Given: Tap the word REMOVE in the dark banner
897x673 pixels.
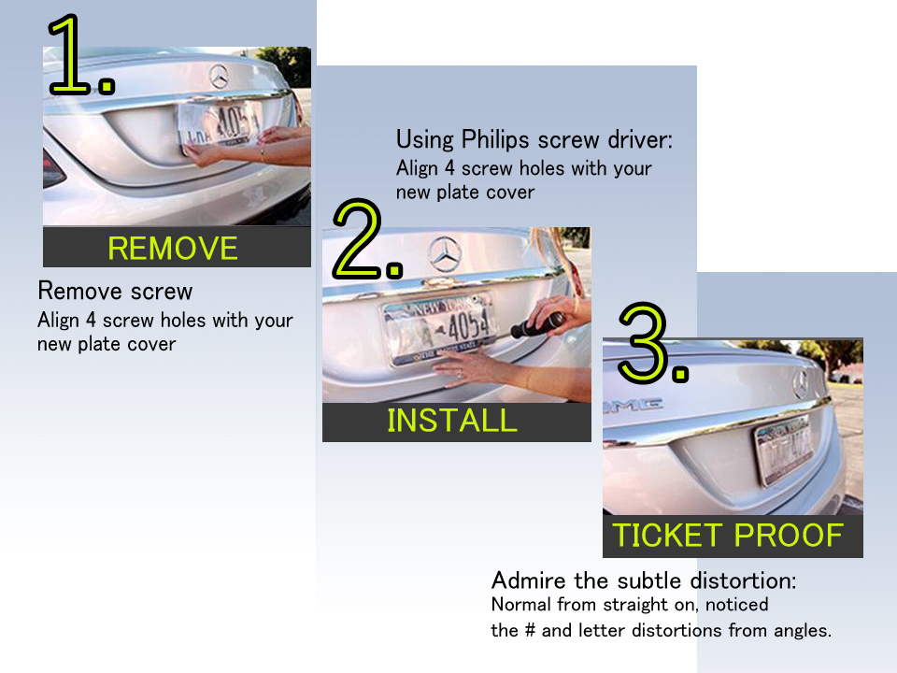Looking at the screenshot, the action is pos(173,249).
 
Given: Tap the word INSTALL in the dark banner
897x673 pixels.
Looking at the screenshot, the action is pos(452,421).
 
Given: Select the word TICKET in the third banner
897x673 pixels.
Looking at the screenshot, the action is pos(667,536).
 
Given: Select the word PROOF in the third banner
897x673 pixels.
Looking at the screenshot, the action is pos(789,536).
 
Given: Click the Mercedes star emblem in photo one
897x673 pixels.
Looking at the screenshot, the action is pos(219,77).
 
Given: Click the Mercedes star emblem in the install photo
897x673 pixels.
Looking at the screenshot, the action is pos(445,253).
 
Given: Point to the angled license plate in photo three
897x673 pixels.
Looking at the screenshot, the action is pos(785,451).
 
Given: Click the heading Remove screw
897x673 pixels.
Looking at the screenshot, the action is pos(115,291).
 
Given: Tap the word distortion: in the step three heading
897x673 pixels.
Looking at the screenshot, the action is pos(743,580).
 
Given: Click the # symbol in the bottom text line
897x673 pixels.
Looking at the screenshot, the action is pos(530,630).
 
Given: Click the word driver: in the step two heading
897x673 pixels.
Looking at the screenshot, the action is pos(640,139).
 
